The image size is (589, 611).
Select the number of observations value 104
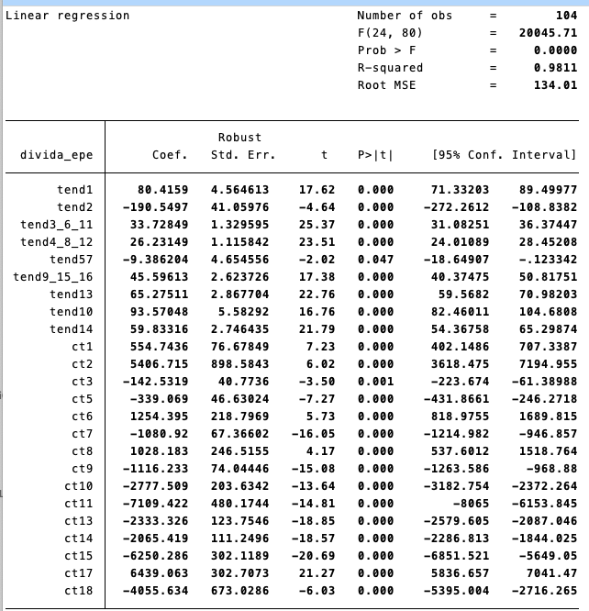[x=566, y=16]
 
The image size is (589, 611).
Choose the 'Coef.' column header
[x=170, y=155]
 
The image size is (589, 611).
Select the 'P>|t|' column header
[x=377, y=155]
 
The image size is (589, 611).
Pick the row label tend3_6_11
[x=57, y=225]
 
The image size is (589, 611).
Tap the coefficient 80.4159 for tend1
[x=162, y=190]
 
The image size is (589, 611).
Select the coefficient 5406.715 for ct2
[x=159, y=364]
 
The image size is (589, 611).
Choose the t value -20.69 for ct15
[x=314, y=556]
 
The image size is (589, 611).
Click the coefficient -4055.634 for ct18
[x=155, y=591]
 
